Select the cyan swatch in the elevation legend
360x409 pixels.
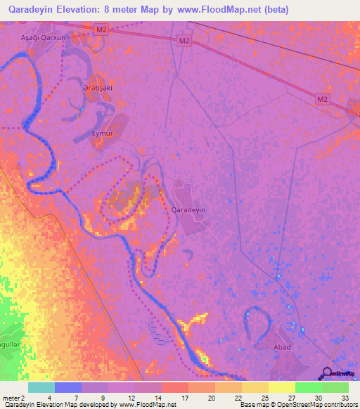pyautogui.click(x=41, y=387)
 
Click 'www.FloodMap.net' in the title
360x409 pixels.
pyautogui.click(x=213, y=9)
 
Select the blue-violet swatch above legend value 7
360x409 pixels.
pyautogui.click(x=68, y=387)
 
